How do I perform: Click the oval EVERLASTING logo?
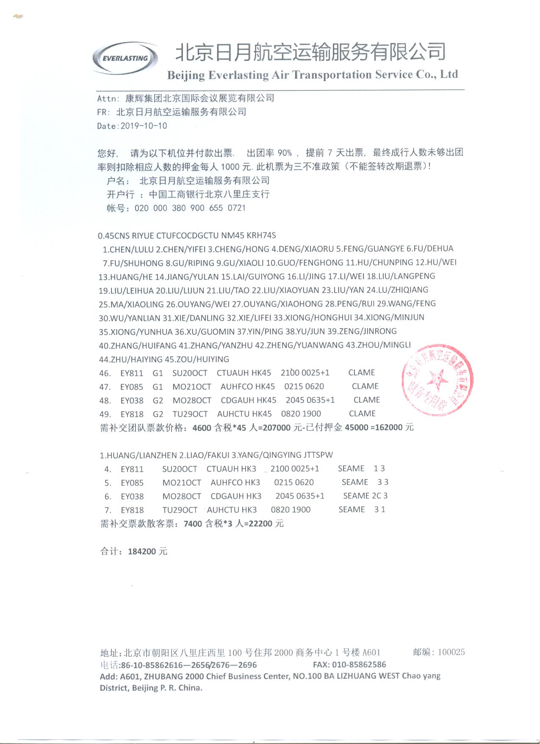(125, 58)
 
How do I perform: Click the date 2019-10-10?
(144, 126)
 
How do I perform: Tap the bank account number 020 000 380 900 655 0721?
(190, 208)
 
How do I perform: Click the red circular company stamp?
(437, 379)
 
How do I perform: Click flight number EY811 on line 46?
(132, 373)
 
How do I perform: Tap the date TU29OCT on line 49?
(190, 414)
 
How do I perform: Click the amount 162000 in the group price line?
(388, 427)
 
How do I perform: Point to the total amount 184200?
(142, 552)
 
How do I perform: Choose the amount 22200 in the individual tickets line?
(260, 524)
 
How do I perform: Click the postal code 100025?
(451, 652)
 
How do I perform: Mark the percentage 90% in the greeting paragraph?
(285, 153)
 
